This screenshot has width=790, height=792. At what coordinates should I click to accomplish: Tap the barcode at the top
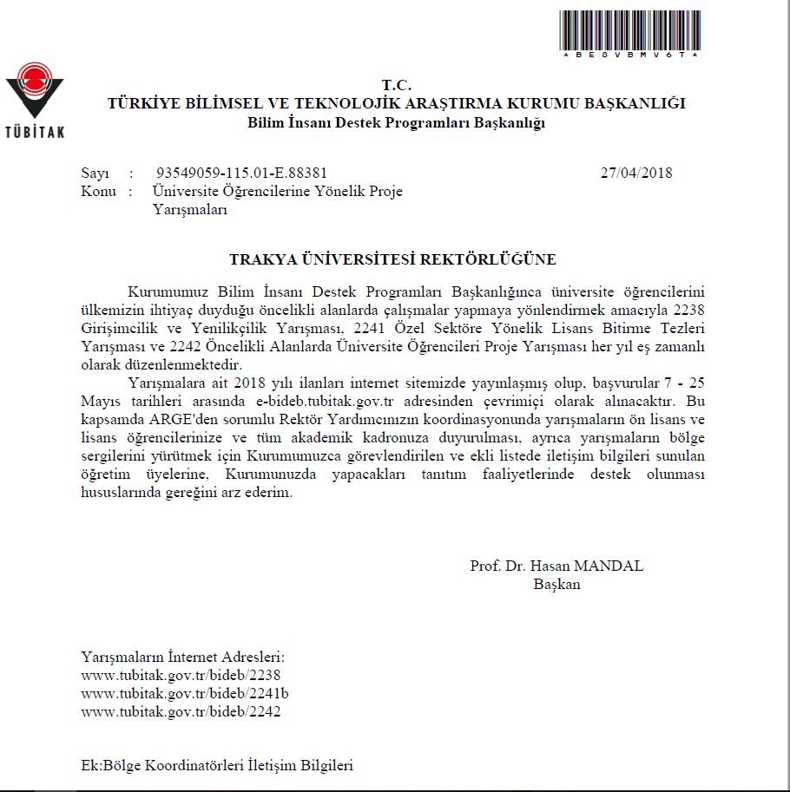click(x=629, y=30)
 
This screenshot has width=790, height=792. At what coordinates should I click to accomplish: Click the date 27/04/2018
click(x=635, y=173)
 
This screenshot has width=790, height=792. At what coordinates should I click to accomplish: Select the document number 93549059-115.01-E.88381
click(x=241, y=173)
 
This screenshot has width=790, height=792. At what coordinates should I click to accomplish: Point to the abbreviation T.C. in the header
click(x=396, y=85)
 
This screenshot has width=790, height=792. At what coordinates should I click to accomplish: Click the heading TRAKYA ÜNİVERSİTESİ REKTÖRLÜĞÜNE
click(x=392, y=259)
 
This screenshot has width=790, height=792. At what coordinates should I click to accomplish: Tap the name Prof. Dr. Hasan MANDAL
click(x=556, y=566)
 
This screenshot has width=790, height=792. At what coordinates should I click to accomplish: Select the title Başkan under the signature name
click(x=556, y=585)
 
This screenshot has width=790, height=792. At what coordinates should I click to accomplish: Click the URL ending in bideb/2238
click(x=181, y=675)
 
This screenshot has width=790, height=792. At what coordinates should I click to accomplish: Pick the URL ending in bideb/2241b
click(x=184, y=693)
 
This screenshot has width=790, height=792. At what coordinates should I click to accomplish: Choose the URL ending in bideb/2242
click(x=181, y=711)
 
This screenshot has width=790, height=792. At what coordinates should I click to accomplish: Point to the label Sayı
click(x=95, y=173)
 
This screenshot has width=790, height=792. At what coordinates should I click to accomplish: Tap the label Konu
click(x=98, y=191)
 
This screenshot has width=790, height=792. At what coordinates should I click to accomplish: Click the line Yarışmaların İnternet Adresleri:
click(x=182, y=657)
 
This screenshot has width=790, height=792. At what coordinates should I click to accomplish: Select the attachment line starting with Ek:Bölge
click(x=216, y=766)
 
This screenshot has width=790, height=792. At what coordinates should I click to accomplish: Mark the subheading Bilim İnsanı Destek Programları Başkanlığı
click(x=396, y=122)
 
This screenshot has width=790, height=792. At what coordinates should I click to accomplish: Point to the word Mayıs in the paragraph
click(x=100, y=402)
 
